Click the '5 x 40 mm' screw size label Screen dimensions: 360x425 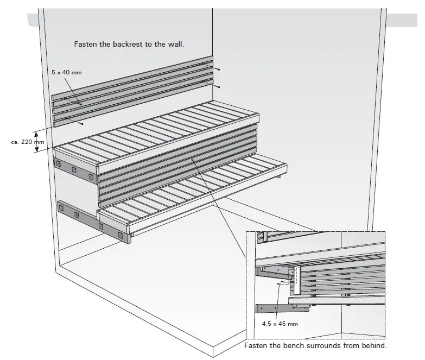[x=67, y=72]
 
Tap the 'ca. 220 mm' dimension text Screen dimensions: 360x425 [x=27, y=142]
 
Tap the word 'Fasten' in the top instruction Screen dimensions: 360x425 [x=85, y=45]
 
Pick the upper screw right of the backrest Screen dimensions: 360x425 [x=218, y=70]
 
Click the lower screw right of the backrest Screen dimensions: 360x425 [x=218, y=87]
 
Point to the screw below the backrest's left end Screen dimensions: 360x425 [x=81, y=124]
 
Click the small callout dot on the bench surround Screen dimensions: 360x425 [x=193, y=159]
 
